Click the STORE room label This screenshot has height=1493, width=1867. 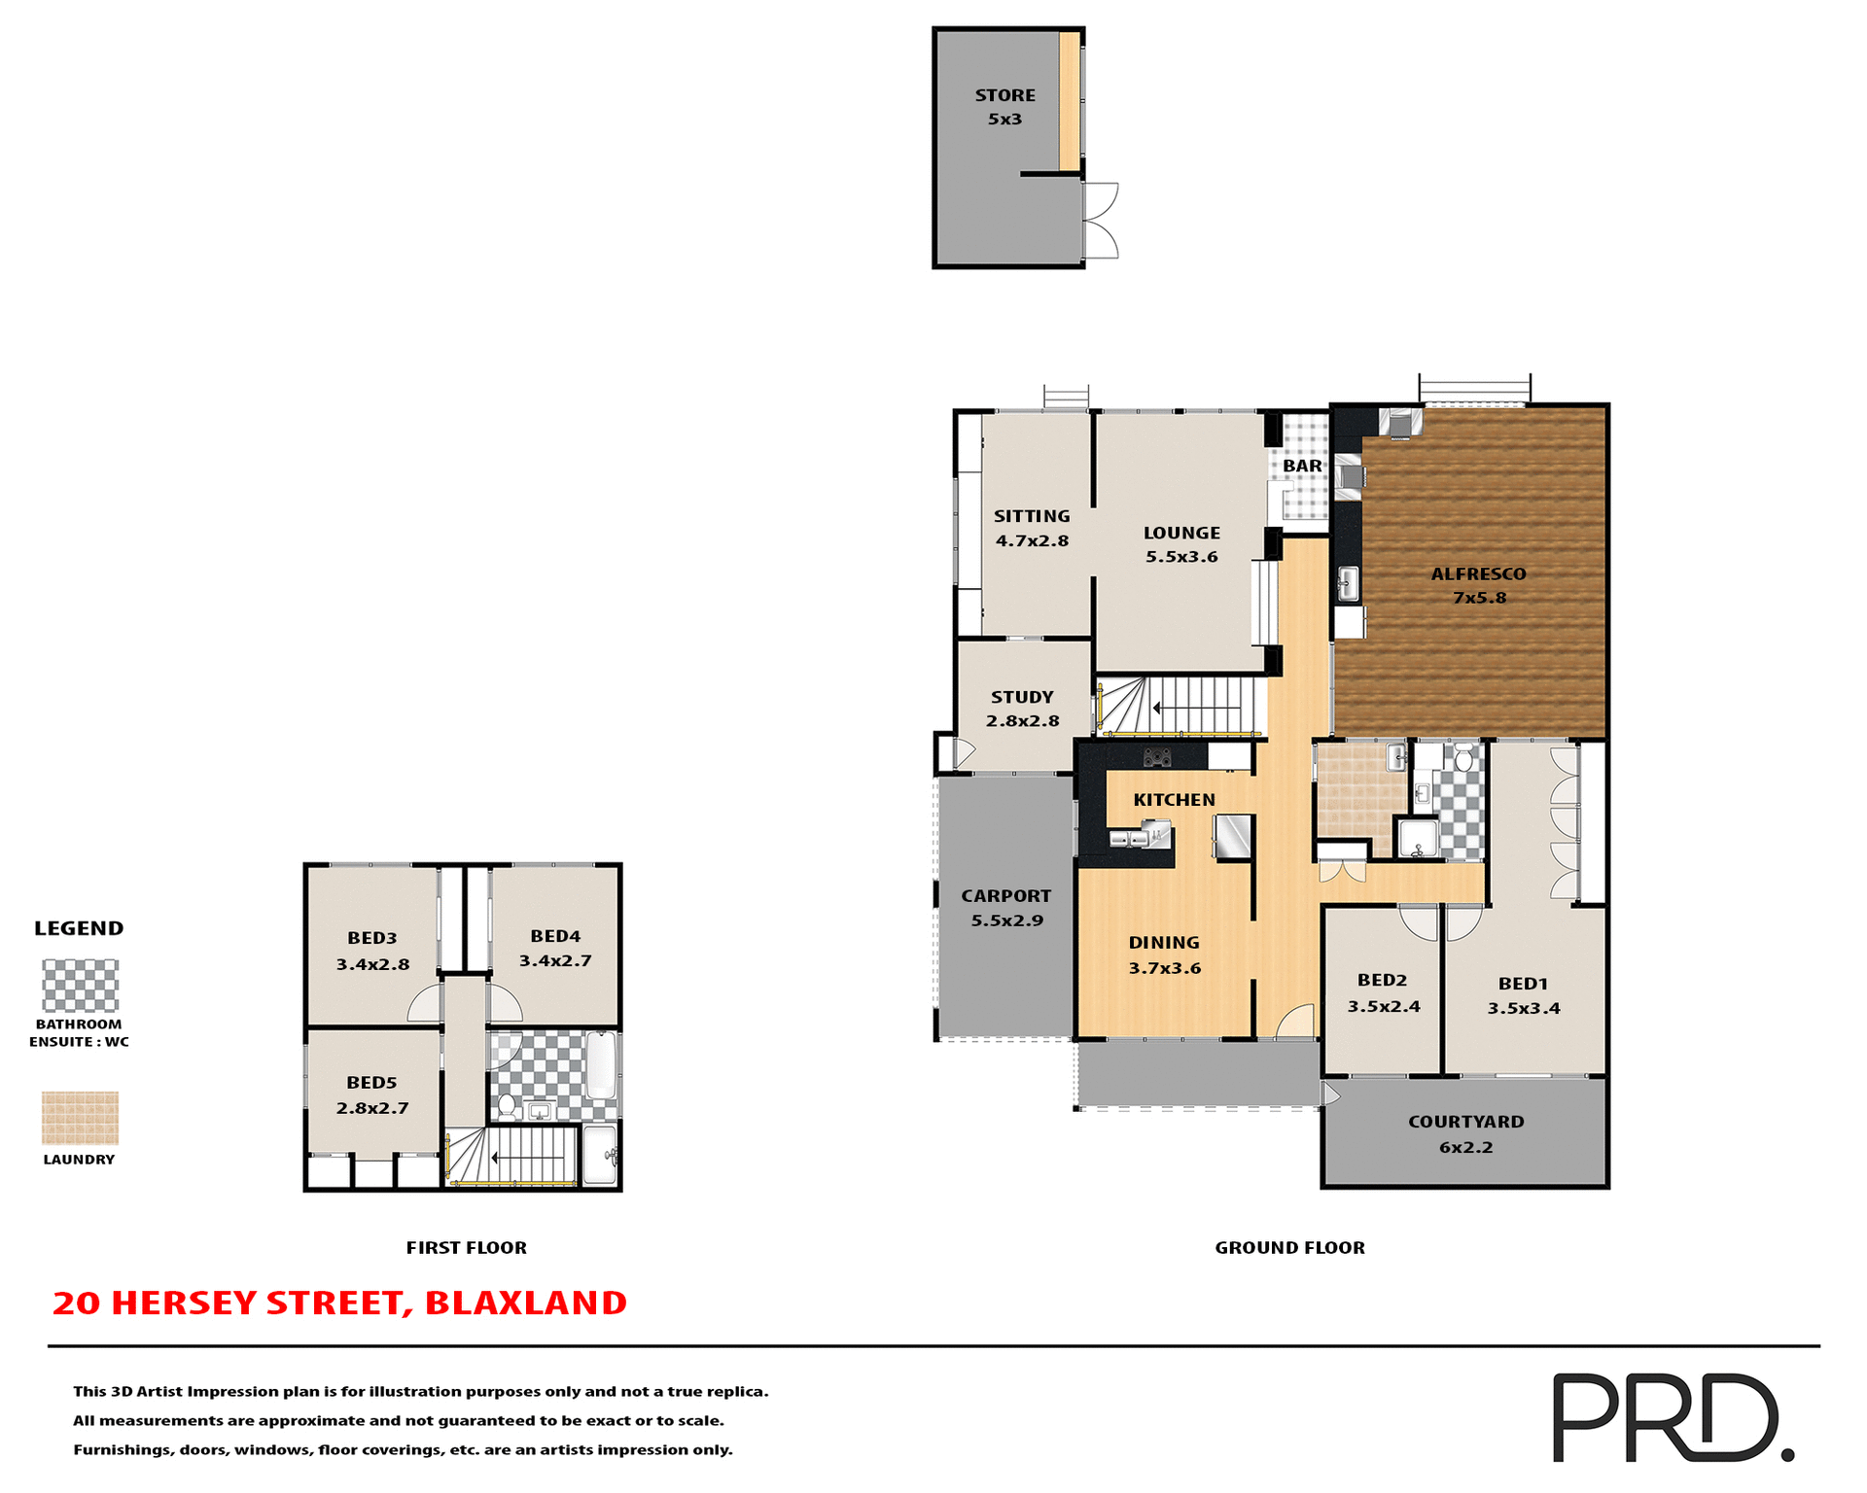tap(1004, 95)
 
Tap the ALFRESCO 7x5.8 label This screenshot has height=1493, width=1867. tap(1478, 585)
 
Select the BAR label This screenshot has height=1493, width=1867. tap(1302, 466)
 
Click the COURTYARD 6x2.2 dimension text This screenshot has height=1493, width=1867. tap(1465, 1147)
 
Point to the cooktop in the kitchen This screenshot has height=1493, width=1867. tap(1156, 756)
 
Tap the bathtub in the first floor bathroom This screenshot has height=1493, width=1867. tap(601, 1066)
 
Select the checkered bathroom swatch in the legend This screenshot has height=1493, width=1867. tap(80, 986)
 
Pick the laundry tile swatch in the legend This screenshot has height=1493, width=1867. tap(80, 1118)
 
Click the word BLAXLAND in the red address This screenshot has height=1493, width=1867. tap(525, 1303)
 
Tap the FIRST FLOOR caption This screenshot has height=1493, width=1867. tap(466, 1247)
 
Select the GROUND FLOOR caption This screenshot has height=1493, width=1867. tap(1289, 1247)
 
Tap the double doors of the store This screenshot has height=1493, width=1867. tap(1101, 221)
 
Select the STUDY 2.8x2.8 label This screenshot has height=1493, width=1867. tap(1022, 709)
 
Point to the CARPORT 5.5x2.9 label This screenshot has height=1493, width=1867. tap(1006, 907)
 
